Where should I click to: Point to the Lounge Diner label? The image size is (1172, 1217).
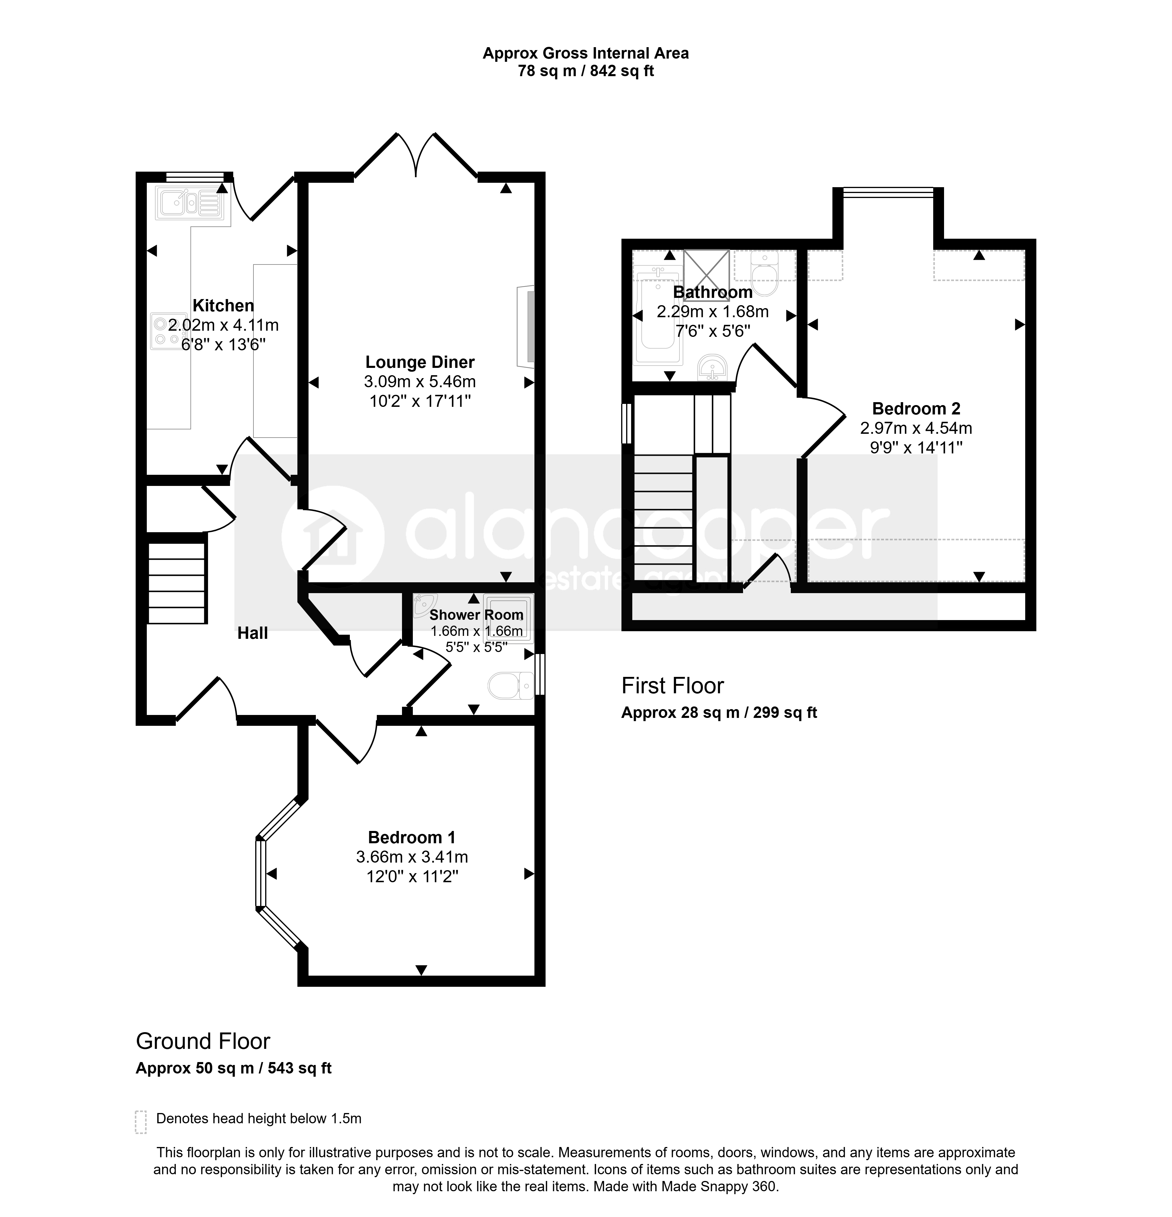click(x=420, y=362)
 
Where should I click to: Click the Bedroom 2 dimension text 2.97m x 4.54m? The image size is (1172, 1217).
click(x=916, y=428)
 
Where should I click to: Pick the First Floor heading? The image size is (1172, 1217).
click(x=673, y=685)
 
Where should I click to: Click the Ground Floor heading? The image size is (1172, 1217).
click(x=203, y=1041)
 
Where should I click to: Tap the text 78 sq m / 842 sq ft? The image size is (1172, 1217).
click(x=586, y=71)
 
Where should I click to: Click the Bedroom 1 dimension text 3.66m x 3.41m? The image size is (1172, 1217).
click(x=412, y=857)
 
